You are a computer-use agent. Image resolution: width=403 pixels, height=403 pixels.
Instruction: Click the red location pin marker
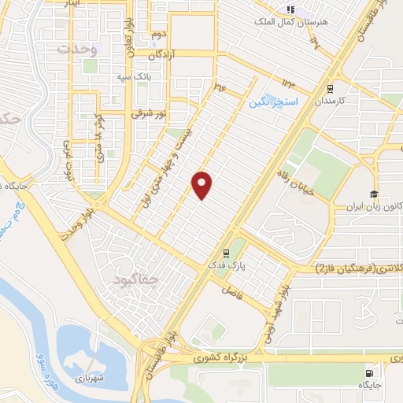click(203, 184)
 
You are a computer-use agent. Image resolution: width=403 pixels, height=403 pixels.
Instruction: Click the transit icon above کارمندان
click(329, 88)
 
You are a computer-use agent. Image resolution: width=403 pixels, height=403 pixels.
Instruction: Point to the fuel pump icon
click(368, 373)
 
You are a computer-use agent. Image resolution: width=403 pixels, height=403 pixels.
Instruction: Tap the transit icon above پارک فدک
click(227, 253)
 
